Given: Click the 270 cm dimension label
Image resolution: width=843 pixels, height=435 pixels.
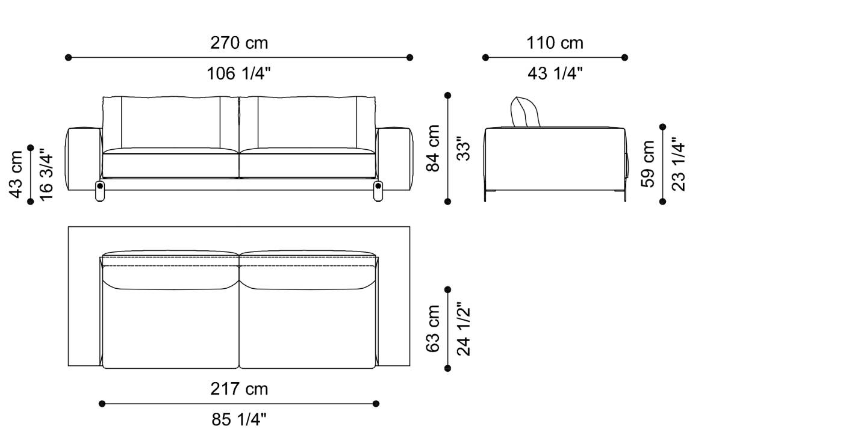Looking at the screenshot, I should tap(239, 43).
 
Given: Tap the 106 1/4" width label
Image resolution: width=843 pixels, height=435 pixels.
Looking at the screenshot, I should tap(239, 74).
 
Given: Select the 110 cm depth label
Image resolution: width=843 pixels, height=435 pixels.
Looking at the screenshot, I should tap(555, 43).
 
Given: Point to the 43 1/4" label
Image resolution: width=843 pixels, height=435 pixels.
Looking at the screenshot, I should tap(555, 74).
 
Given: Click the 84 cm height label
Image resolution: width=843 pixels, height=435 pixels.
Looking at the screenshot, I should tap(434, 148).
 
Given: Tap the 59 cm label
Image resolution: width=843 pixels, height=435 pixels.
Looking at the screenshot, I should tap(648, 164).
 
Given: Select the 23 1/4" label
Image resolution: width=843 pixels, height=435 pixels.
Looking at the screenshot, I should tap(678, 164).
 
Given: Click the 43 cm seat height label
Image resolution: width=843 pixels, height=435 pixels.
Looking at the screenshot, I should tap(16, 174).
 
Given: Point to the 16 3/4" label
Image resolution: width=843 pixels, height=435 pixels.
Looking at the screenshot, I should tap(46, 174).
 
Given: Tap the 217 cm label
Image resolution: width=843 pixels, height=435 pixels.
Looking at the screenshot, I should tap(239, 389).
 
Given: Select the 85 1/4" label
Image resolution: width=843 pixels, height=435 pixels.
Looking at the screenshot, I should tap(239, 419).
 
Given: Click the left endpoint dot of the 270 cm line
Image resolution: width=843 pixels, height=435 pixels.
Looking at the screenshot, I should tap(68, 58).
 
